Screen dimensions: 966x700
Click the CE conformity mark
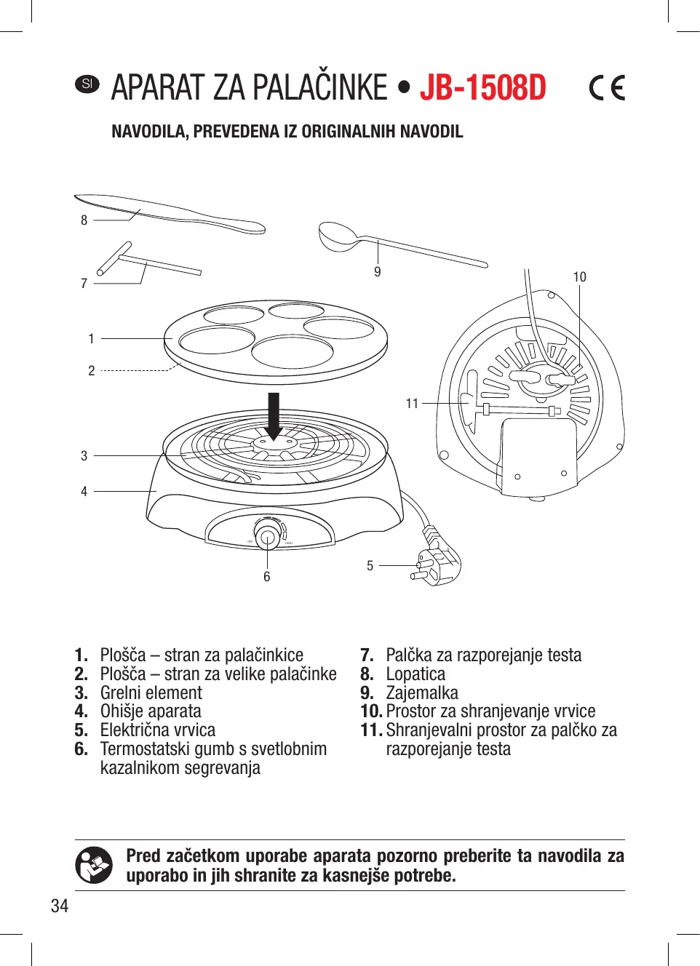pos(607,88)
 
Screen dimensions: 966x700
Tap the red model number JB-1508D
pos(482,88)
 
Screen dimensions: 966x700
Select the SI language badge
pos(87,84)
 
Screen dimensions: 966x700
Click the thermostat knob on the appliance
pos(267,538)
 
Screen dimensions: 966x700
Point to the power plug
pos(437,562)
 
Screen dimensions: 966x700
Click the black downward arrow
pos(274,415)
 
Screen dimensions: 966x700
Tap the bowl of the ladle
pos(338,237)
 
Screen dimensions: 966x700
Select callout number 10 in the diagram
pos(579,277)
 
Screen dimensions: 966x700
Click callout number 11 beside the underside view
pos(412,403)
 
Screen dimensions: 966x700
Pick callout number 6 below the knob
pos(267,577)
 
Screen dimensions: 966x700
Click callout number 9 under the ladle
pos(378,272)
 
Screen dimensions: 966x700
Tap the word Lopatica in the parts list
pos(415,674)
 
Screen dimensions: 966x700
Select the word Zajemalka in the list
pos(422,693)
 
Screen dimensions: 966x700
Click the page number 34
pos(60,906)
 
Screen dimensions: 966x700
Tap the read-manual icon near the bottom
pos(94,865)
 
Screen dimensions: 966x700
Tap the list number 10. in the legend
pos(371,711)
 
